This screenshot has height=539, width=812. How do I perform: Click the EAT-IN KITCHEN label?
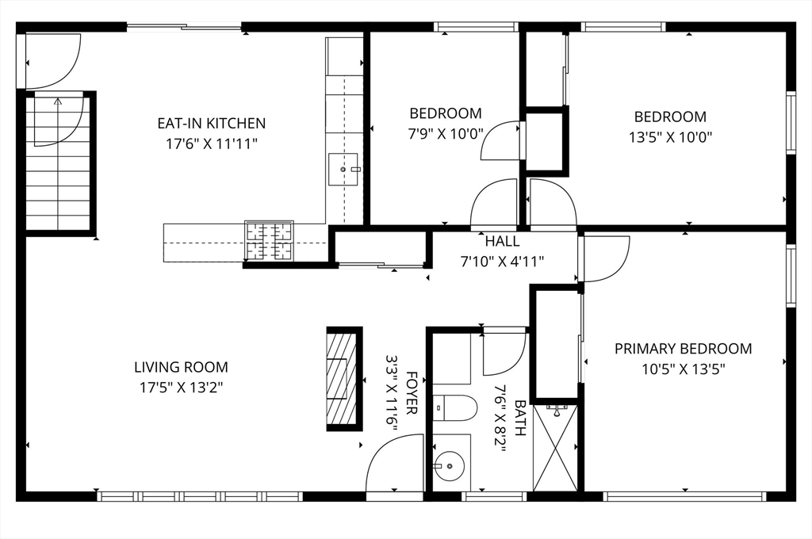coord(211,123)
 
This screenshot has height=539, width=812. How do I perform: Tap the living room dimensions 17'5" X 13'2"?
coord(181,388)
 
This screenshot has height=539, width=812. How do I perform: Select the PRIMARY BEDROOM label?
coord(683,348)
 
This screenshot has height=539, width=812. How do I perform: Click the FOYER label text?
coord(412,393)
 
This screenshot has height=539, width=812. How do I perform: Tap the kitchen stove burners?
coord(269,241)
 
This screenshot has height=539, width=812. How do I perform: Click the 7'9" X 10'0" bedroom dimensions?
coord(446,133)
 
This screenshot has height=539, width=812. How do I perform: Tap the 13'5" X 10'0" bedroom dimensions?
coord(670,136)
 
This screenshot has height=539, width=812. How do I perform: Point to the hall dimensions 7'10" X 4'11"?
coord(502,261)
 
